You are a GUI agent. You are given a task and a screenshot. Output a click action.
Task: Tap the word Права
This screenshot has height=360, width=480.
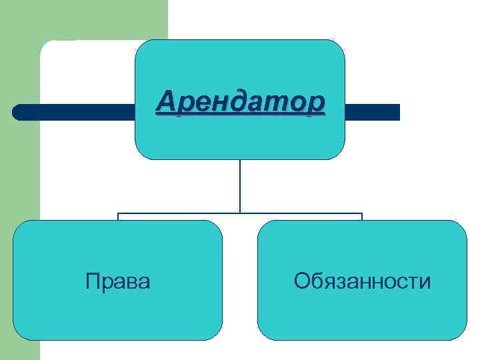tap(117, 281)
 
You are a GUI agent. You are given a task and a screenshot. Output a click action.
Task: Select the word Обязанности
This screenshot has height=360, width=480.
tap(362, 281)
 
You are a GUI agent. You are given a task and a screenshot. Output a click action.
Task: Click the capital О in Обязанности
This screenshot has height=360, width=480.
tap(302, 281)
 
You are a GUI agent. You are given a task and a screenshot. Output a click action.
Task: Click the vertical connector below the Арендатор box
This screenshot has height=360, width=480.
tap(240, 187)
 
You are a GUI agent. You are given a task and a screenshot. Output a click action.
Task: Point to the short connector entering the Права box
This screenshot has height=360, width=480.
tap(118, 217)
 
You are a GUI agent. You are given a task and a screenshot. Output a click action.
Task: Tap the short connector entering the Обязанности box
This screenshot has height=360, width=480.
tap(362, 217)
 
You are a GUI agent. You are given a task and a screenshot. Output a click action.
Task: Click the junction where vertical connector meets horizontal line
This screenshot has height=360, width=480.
tap(240, 213)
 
